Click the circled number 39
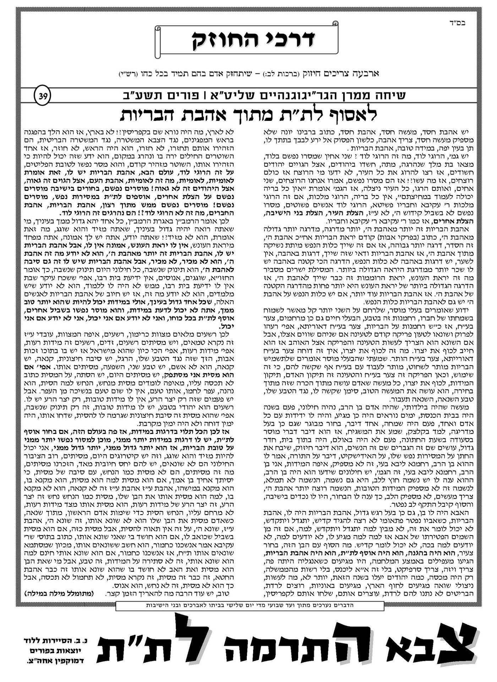coord(42,96)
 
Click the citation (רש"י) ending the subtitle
coord(127,74)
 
